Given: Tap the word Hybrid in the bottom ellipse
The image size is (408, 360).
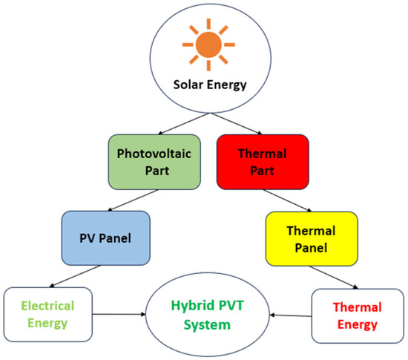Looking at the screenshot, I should [x=187, y=307].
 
